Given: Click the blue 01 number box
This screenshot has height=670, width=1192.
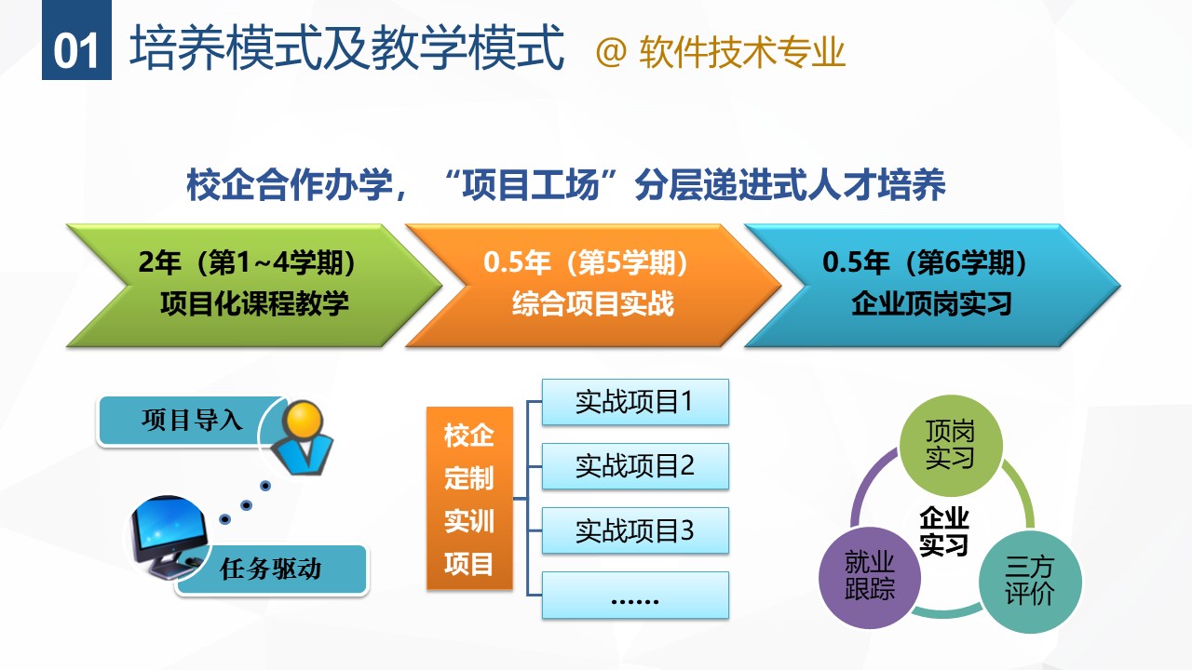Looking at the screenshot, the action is tap(76, 40).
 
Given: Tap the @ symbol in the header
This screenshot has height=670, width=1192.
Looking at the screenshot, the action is tap(611, 52).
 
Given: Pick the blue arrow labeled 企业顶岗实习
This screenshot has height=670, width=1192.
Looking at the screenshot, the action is tap(932, 286).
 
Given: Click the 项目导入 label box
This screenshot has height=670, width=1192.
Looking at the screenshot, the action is tap(192, 420).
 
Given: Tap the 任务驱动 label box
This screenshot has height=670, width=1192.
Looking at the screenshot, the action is tap(271, 569).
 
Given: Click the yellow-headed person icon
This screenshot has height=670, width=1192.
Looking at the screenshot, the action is tap(303, 437).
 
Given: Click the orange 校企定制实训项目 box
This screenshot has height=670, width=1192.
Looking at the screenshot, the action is tap(469, 498).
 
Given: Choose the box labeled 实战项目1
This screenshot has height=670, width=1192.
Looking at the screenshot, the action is tap(635, 402).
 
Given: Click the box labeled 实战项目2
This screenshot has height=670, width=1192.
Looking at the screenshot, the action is tap(635, 466).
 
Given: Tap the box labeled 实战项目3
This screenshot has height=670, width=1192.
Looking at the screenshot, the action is tap(635, 530).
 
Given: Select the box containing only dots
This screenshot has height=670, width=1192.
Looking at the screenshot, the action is tap(635, 595).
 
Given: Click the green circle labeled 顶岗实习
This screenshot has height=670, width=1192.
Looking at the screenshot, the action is tap(951, 446).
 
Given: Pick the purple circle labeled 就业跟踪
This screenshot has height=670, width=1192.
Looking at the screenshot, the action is tap(870, 578).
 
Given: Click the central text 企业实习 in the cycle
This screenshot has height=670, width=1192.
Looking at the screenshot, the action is tap(944, 531).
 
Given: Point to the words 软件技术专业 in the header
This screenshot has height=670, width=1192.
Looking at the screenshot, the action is tap(742, 52).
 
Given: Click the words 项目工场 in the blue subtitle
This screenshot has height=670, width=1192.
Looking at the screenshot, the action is tap(531, 185).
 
